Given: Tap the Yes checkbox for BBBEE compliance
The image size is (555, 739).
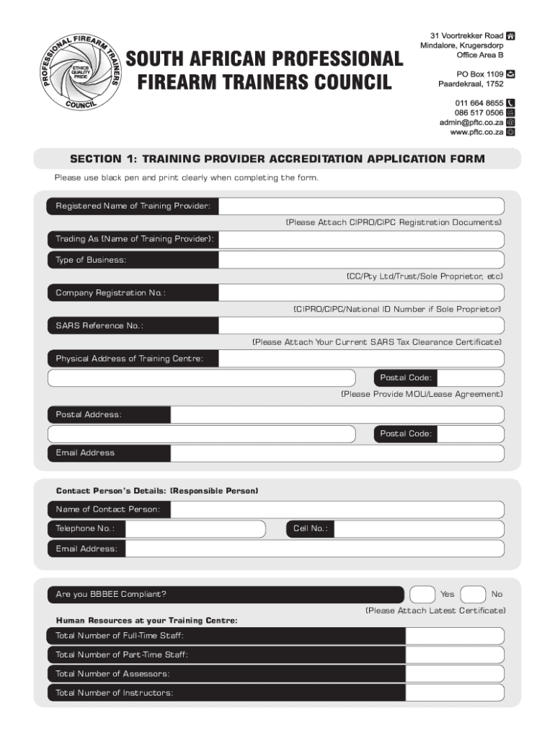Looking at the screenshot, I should coord(422,595).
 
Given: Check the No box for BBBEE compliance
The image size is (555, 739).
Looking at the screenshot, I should coord(472,595).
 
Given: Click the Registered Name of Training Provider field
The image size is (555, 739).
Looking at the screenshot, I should coord(361,206).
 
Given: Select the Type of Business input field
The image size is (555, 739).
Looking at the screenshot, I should coord(361,260).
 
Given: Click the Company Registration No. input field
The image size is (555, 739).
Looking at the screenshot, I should coord(361,293).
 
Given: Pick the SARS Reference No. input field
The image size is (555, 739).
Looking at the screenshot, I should coord(361,326).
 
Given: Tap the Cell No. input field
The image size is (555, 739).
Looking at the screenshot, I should coord(419,529).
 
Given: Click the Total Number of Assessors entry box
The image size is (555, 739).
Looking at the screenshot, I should coord(453,674).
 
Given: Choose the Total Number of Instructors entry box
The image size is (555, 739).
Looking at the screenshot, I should coord(453,694).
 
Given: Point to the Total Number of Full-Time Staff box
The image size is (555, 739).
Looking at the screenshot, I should coord(453,636).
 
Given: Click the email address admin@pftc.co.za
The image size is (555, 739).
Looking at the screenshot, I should coord(471,123).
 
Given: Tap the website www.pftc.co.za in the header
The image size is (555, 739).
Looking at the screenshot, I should coord(476,133).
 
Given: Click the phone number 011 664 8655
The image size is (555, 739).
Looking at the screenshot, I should coord(479,103).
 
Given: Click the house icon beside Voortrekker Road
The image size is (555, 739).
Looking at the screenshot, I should coord(510,35).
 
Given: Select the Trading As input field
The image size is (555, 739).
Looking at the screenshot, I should coord(361,240).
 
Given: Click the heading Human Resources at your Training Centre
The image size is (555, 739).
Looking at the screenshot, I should coord(146,621).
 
